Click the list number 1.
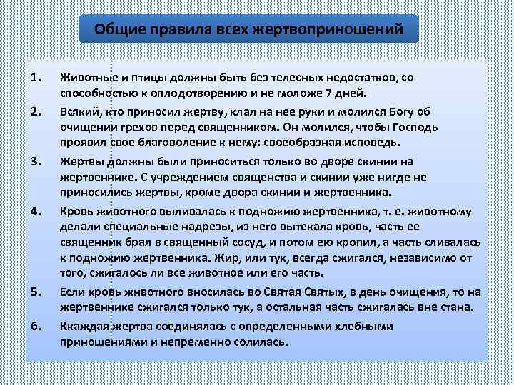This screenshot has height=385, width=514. (x=37, y=77)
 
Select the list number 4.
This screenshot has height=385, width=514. (x=37, y=211)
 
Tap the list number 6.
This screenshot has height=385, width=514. (x=37, y=326)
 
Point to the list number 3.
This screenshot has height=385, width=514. (x=37, y=162)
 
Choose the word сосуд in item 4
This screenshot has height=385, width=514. (x=246, y=244)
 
